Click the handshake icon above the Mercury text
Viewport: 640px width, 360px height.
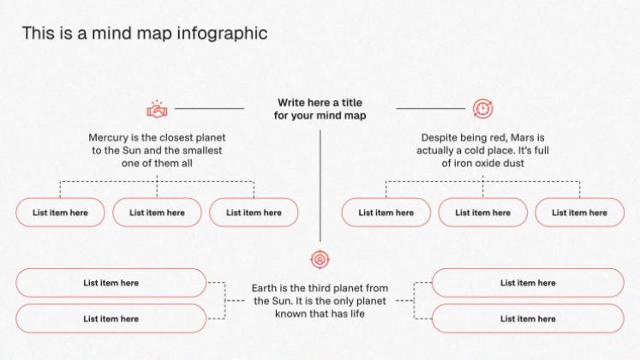tap(157, 109)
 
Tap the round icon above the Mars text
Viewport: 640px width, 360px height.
tap(482, 109)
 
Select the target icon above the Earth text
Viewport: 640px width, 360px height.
tap(320, 259)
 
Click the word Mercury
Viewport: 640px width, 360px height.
tap(109, 137)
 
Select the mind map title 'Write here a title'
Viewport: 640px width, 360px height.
tap(320, 103)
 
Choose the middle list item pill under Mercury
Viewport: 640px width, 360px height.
tap(158, 213)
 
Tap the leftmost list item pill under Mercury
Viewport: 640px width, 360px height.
tap(60, 213)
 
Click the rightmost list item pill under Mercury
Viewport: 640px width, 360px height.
tap(254, 213)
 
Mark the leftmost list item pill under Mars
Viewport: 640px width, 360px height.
tap(386, 213)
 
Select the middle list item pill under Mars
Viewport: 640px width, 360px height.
tap(482, 213)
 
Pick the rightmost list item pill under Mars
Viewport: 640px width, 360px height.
tap(579, 213)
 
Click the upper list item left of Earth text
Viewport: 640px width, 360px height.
tap(111, 283)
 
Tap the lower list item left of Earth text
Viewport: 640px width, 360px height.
tap(111, 319)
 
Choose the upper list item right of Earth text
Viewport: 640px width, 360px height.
tap(528, 283)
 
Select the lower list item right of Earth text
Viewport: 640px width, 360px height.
tap(528, 319)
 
